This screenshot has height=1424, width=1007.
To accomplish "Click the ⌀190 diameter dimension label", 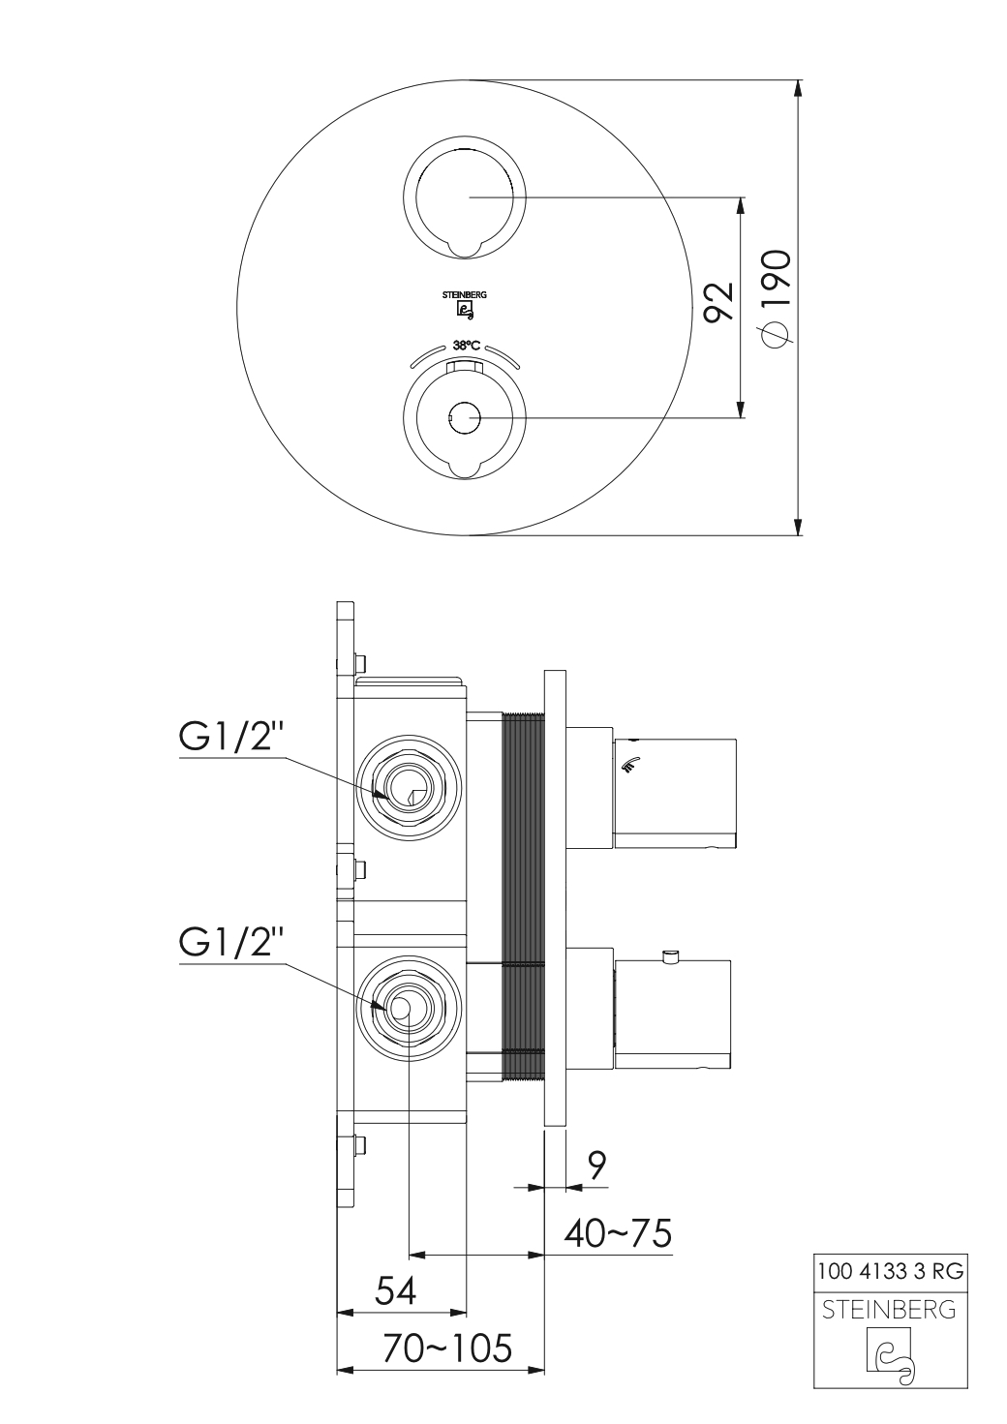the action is coord(777,299).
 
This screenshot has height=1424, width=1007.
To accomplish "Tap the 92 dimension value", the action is coord(719,302).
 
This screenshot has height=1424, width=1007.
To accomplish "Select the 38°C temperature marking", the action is coord(466,346).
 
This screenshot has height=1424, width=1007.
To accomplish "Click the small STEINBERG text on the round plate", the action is coord(465,295).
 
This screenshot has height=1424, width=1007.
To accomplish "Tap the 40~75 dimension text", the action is coord(618,1234).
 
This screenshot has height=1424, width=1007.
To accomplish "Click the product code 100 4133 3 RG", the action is coord(891,1271).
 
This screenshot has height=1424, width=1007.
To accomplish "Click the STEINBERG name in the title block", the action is coord(890,1310).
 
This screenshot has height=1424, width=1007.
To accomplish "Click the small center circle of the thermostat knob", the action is coord(464,418).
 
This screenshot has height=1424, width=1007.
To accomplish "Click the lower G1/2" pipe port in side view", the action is coord(408,1008).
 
